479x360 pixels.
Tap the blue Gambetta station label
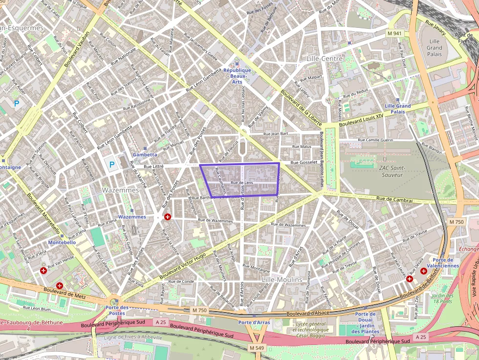point(145,154)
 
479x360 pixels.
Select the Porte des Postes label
point(117,310)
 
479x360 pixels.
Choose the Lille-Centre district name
point(325,59)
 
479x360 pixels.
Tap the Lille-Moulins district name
point(282,279)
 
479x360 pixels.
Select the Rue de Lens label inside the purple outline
point(241,183)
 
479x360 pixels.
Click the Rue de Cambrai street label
point(395,199)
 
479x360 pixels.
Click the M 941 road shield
point(394,33)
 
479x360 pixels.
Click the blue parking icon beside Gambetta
point(111,165)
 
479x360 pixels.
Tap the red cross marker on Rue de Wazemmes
point(168,216)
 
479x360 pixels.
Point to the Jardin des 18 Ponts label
point(442,298)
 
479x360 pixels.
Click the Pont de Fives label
point(463,38)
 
